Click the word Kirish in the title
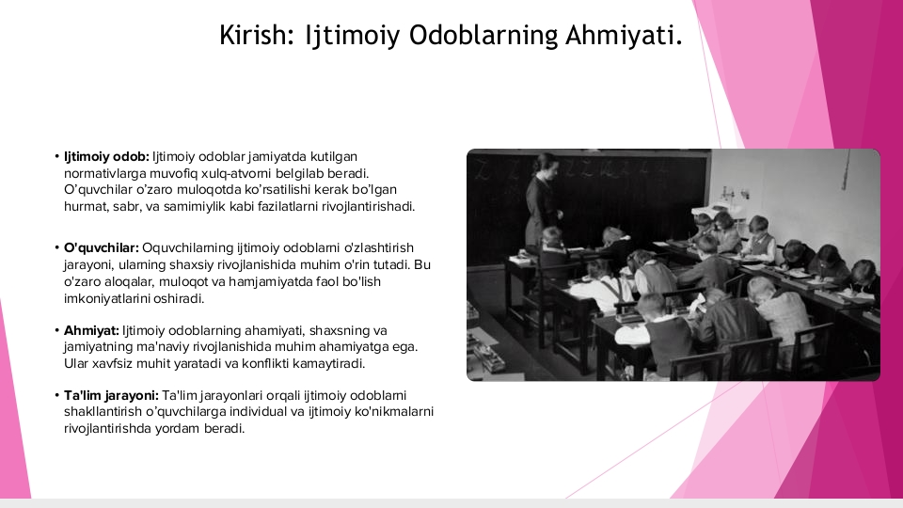pyautogui.click(x=253, y=35)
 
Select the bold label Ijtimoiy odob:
pyautogui.click(x=106, y=157)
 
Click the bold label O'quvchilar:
pyautogui.click(x=102, y=248)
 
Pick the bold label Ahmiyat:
pyautogui.click(x=91, y=330)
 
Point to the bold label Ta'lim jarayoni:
pyautogui.click(x=111, y=396)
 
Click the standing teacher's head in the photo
pyautogui.click(x=545, y=164)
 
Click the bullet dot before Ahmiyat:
pyautogui.click(x=57, y=330)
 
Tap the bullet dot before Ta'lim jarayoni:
pyautogui.click(x=57, y=396)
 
